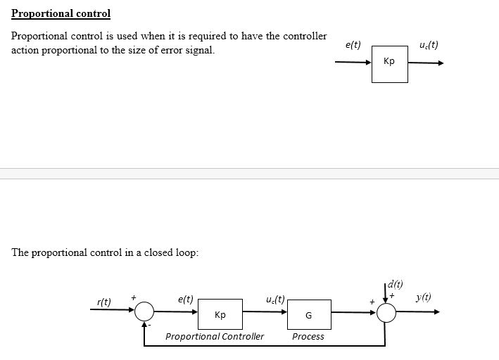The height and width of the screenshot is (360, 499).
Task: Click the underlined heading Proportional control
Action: [61, 13]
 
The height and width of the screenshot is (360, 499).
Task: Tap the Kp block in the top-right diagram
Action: [389, 63]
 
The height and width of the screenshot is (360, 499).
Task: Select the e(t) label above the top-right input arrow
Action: [353, 45]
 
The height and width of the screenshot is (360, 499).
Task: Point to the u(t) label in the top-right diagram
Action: [428, 45]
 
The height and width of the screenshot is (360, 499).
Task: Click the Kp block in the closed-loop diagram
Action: [220, 314]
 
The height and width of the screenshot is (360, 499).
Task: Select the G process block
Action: [308, 315]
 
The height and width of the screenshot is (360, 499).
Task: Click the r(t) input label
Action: [103, 302]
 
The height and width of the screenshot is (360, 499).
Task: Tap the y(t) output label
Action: [424, 297]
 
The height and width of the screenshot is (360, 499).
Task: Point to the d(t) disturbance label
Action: [396, 284]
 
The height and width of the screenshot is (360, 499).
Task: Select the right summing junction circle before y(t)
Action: [386, 311]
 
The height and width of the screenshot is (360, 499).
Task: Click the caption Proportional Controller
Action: [215, 337]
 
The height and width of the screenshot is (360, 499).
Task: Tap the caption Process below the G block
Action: [308, 337]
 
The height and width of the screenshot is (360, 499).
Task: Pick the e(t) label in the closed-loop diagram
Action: [186, 299]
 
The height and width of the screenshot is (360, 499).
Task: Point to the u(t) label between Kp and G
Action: [275, 299]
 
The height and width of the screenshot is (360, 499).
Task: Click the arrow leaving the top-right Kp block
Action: [426, 63]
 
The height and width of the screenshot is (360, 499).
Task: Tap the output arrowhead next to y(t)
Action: [436, 311]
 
